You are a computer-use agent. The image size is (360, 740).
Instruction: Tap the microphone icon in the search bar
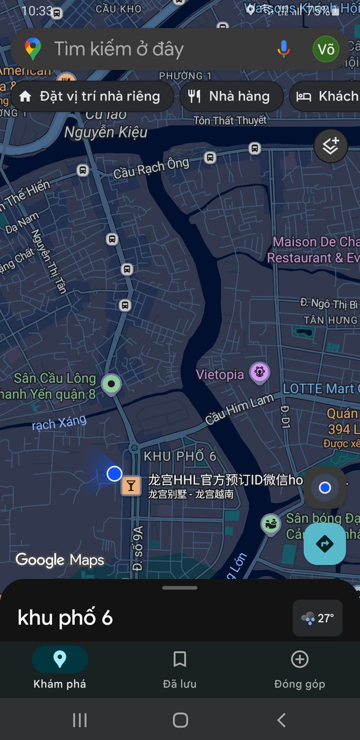(x=284, y=49)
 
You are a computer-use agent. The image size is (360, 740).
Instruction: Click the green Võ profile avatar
(x=325, y=49)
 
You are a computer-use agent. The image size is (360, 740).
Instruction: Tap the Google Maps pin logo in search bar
(x=33, y=49)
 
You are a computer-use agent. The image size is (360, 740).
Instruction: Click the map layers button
(x=331, y=147)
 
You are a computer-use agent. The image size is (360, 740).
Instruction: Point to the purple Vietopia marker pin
(x=260, y=372)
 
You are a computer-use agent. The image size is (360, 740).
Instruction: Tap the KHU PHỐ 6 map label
(x=180, y=456)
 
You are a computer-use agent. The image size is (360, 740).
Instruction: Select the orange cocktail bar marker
(x=131, y=485)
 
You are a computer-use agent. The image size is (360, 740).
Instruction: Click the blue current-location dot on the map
(x=114, y=474)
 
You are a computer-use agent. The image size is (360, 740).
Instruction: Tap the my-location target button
(x=325, y=488)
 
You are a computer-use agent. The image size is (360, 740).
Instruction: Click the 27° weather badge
(x=317, y=618)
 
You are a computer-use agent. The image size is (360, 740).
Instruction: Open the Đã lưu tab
(x=179, y=668)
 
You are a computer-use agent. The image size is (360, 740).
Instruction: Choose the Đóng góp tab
(x=299, y=668)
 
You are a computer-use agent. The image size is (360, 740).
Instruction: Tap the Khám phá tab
(x=60, y=668)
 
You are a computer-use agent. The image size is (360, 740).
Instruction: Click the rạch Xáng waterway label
(x=59, y=423)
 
